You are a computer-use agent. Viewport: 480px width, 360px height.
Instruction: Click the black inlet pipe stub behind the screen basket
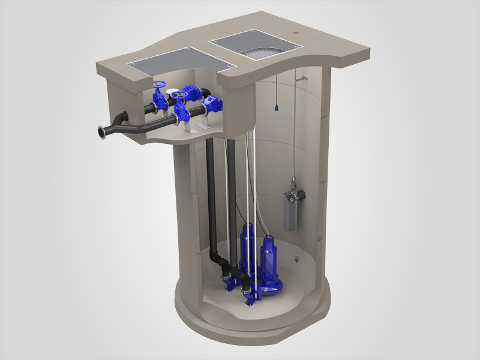pos(303,194)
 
